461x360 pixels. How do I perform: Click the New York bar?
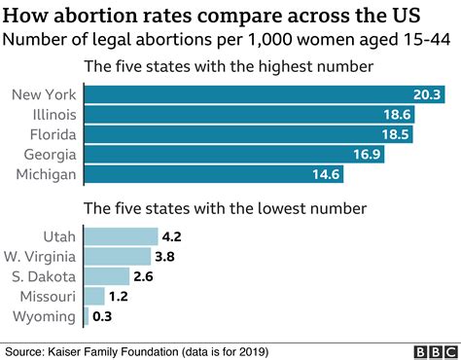pos(265,94)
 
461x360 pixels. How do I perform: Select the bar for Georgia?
pos(234,154)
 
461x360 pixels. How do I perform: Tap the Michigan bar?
pos(214,174)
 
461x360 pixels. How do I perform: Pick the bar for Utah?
pos(122,236)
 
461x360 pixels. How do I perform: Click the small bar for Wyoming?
pos(87,316)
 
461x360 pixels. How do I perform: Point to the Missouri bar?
pos(94,296)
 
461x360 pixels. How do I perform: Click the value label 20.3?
pos(427,94)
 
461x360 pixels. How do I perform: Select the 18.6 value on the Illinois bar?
pos(397,115)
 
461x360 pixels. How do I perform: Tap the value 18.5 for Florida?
pos(396,134)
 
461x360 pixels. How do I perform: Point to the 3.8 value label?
pos(164,257)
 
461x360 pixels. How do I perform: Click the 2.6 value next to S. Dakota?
pos(143,276)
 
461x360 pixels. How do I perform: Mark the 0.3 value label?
pos(102,316)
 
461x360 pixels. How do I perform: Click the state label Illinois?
pos(54,115)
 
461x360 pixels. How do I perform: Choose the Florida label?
pos(53,134)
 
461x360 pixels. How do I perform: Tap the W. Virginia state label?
pos(40,257)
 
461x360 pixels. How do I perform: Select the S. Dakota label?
pos(44,276)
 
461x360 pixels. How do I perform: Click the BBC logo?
pos(436,352)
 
